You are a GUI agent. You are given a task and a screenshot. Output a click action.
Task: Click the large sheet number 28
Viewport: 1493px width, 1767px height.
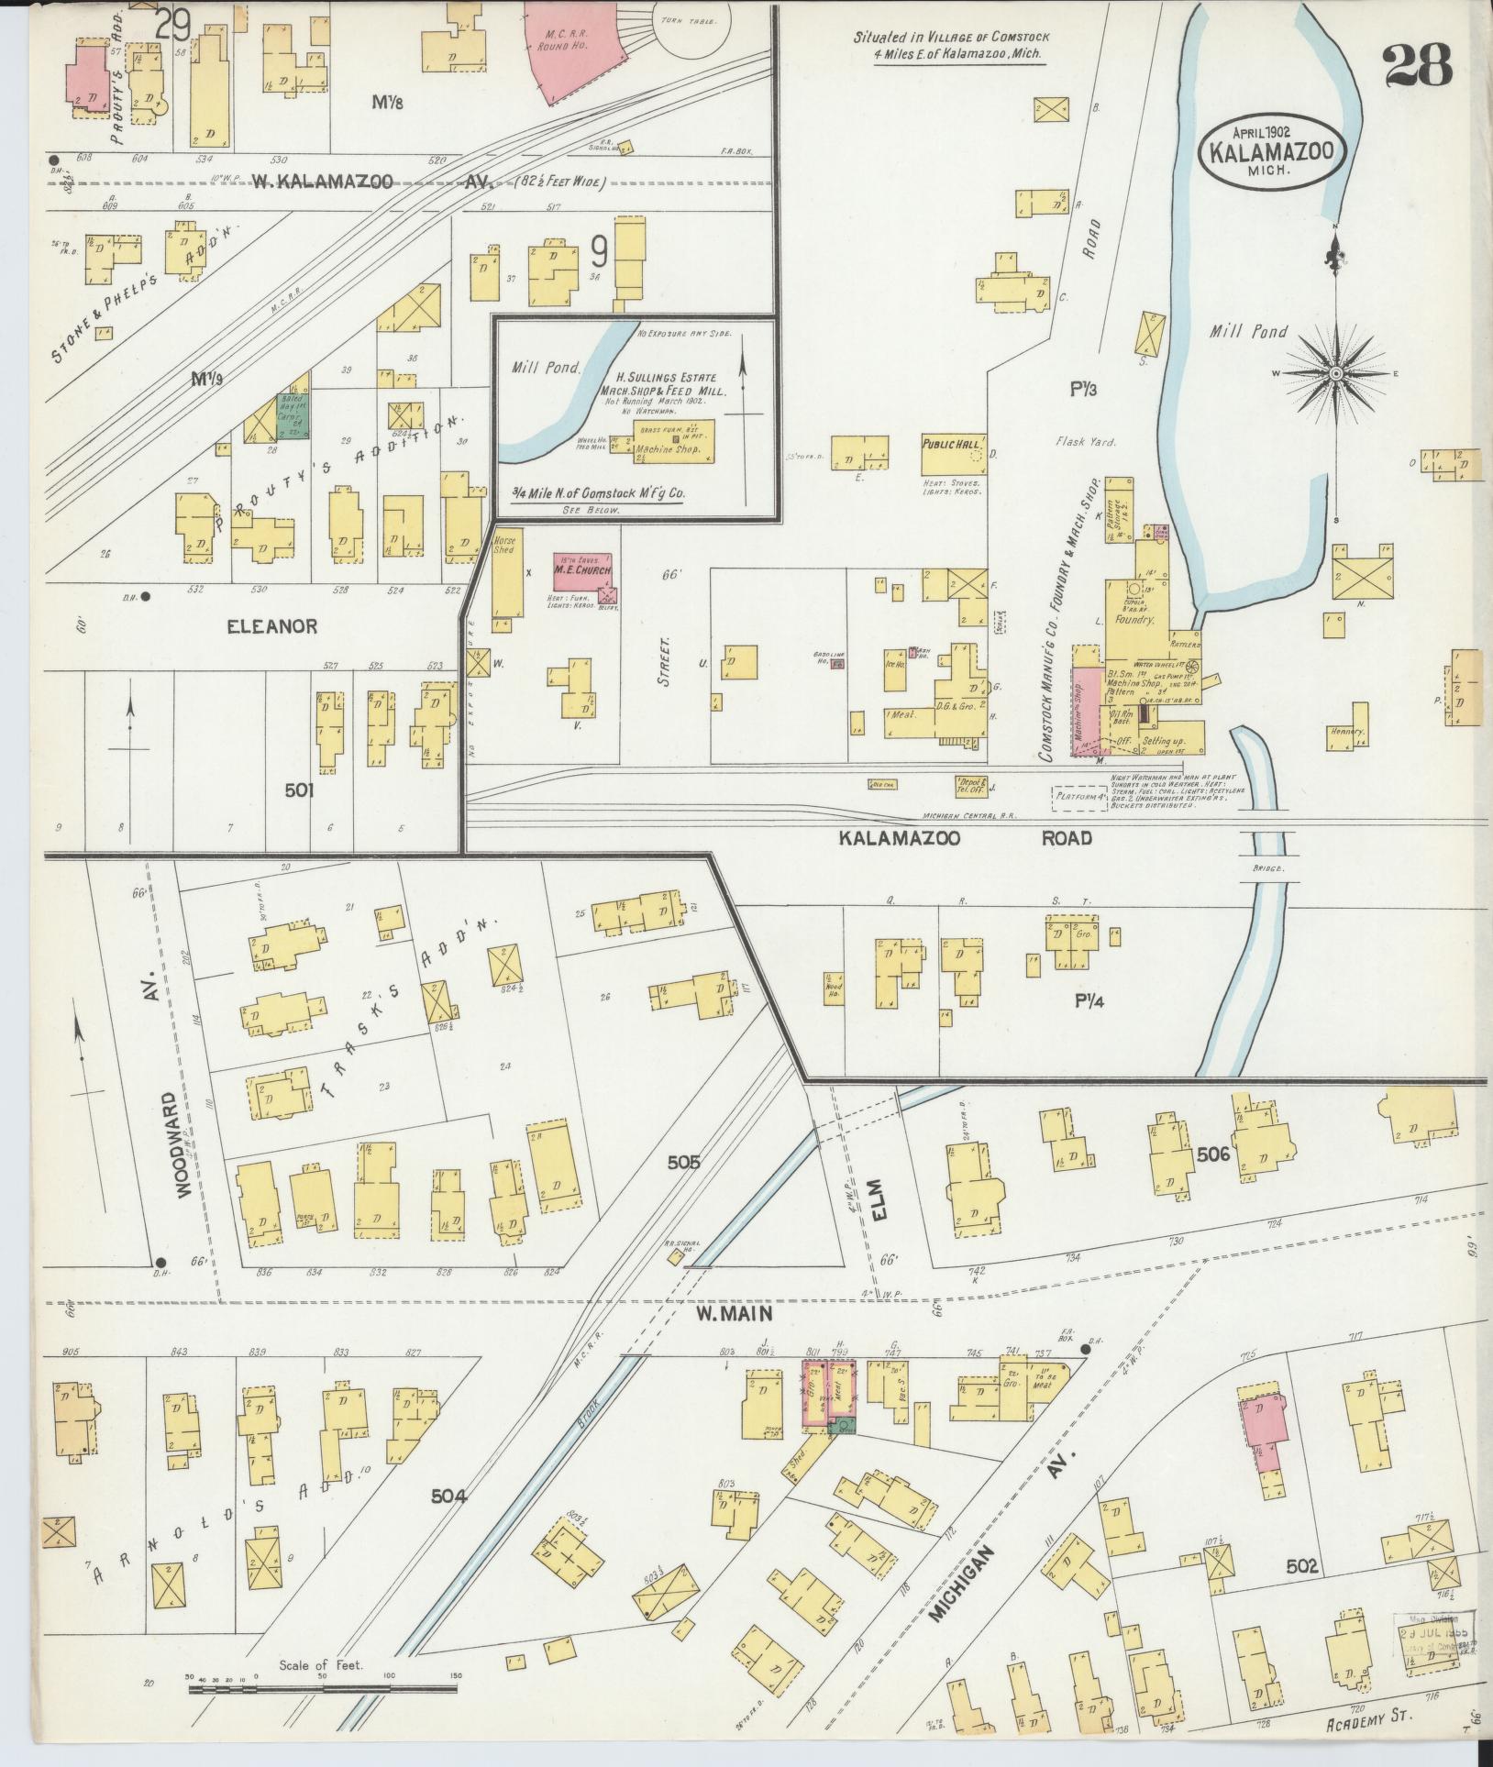[x=1416, y=67]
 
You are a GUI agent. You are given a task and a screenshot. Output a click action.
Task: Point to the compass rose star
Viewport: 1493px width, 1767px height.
[x=1337, y=374]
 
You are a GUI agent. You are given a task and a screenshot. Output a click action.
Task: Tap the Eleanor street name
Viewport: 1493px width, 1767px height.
[x=272, y=626]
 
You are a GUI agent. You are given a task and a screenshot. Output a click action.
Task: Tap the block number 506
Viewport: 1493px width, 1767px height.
[x=1212, y=1154]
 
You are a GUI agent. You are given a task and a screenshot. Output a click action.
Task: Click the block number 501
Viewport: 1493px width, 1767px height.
[x=299, y=790]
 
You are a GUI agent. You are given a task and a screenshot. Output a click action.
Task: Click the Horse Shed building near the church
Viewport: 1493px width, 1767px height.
[x=504, y=578]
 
